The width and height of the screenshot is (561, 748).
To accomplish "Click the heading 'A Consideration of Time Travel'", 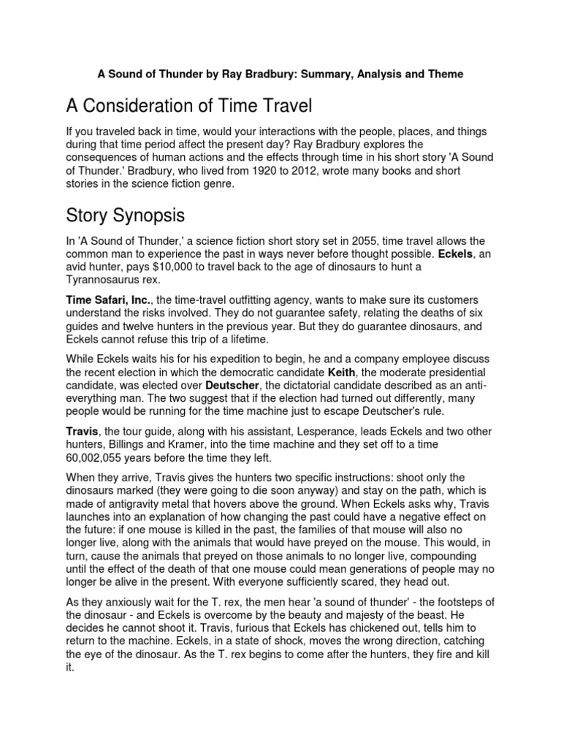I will point(189,107).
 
